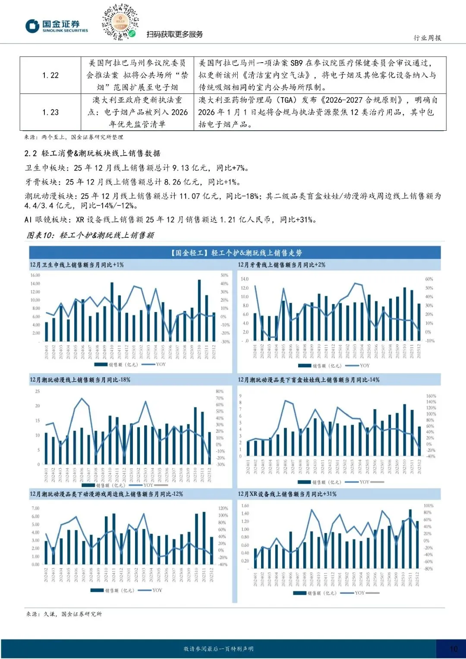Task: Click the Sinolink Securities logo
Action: [x=57, y=26]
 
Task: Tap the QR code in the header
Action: [x=120, y=22]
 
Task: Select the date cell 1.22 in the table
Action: [x=50, y=75]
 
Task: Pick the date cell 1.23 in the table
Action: [x=50, y=112]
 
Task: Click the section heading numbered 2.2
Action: [x=92, y=153]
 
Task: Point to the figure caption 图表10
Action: [x=90, y=235]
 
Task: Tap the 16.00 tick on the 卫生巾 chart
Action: [x=35, y=275]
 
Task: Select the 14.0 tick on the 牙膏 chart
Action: [x=244, y=279]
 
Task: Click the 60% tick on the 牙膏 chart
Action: [x=429, y=279]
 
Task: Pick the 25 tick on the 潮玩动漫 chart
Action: [x=38, y=391]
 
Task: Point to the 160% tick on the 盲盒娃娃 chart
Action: [x=431, y=396]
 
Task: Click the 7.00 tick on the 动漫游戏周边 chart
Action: [x=35, y=508]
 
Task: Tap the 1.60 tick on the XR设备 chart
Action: [x=245, y=506]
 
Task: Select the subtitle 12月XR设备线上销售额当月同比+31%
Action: [x=287, y=494]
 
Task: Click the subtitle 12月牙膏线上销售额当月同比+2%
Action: [x=281, y=265]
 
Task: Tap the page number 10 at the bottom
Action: [x=453, y=649]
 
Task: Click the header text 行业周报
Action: [x=427, y=38]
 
